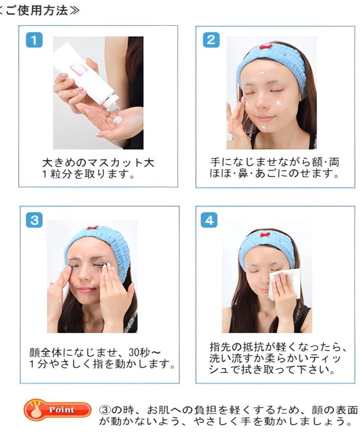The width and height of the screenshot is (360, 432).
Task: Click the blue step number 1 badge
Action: (x=34, y=40)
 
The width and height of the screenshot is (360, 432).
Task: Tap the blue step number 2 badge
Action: (x=211, y=40)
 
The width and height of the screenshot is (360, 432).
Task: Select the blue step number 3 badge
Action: (x=34, y=220)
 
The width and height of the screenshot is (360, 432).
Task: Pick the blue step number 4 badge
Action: (x=209, y=220)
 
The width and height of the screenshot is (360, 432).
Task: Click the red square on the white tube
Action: (x=78, y=69)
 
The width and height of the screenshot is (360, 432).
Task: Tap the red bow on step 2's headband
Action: (x=266, y=46)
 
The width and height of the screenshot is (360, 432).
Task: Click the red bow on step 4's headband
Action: (x=266, y=235)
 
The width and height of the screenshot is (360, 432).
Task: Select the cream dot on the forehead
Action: (x=261, y=73)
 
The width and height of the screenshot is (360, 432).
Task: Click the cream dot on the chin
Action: (x=264, y=128)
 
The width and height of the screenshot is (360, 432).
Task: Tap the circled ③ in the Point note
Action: (x=105, y=410)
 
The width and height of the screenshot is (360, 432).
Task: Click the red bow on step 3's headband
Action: (x=93, y=228)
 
